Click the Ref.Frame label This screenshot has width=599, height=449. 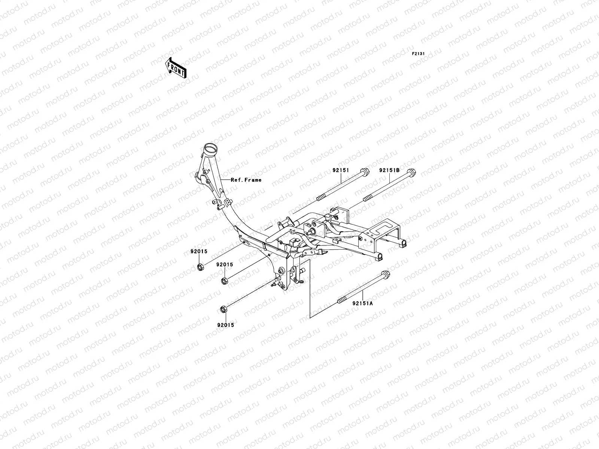click(x=246, y=180)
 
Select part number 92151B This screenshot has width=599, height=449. click(x=389, y=170)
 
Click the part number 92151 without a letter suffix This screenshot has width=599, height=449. click(x=340, y=170)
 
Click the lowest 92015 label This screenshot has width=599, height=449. click(x=225, y=325)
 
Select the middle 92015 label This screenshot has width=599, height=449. click(x=224, y=265)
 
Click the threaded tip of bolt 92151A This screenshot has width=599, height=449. click(x=341, y=300)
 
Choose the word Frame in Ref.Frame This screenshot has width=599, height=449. click(x=253, y=180)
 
